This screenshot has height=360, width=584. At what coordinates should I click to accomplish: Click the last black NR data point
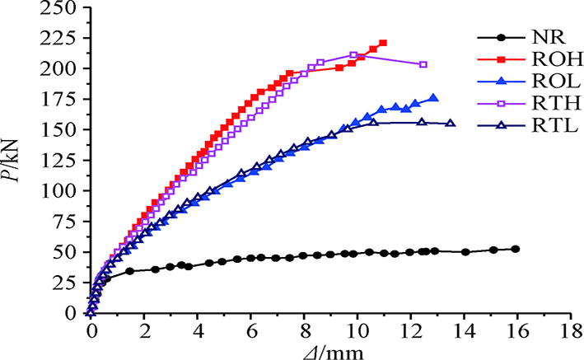[516, 249]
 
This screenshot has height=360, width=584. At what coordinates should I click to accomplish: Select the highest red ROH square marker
[383, 43]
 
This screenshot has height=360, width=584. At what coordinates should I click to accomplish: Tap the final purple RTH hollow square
[423, 64]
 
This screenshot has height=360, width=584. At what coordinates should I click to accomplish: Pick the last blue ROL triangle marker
[434, 98]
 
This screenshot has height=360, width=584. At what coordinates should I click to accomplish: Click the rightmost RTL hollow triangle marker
[450, 124]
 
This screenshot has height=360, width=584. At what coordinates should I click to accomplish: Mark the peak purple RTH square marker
[353, 55]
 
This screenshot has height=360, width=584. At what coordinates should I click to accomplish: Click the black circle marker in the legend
[499, 38]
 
